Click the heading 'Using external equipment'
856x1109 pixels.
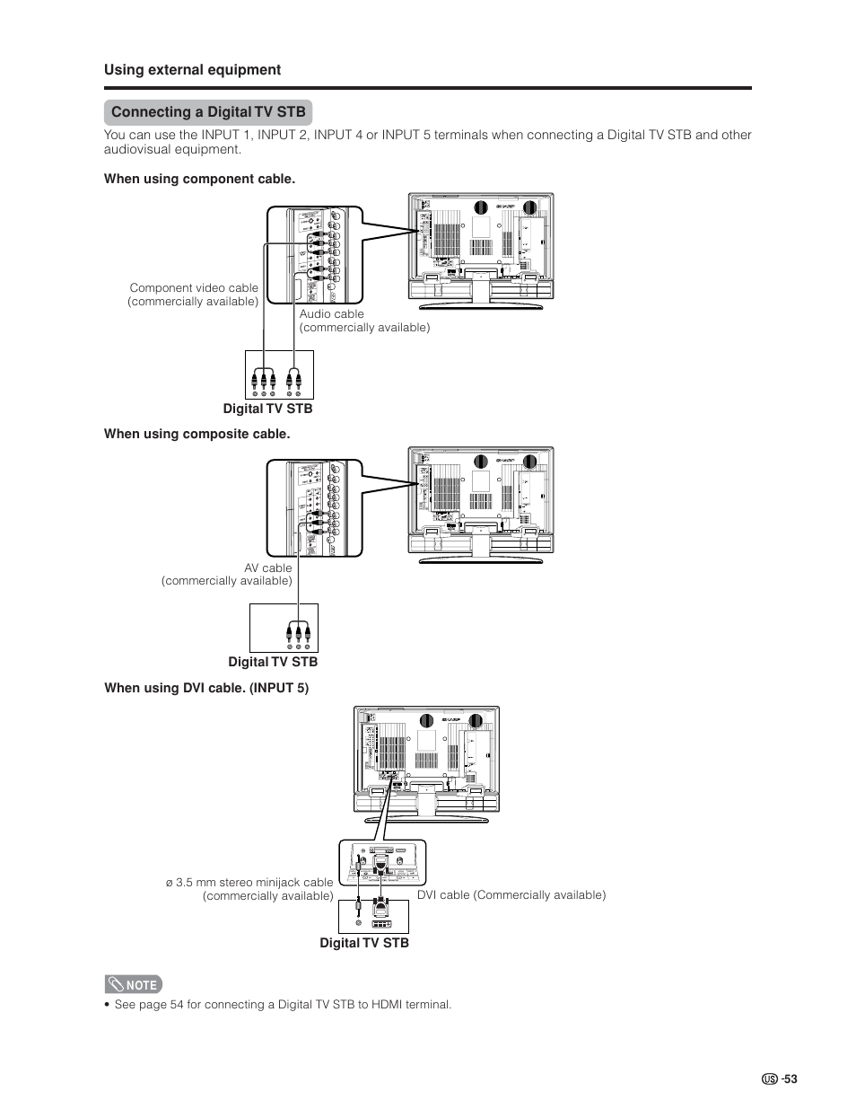(192, 70)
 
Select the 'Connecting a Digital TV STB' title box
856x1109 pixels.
(208, 112)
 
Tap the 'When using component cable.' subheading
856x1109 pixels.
(199, 179)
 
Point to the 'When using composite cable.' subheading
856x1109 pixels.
(197, 434)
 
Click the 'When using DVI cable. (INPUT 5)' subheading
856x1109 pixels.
(206, 689)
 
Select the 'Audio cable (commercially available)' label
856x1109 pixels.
(364, 321)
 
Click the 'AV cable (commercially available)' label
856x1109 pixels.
(227, 574)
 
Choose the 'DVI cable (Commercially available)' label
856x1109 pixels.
(511, 895)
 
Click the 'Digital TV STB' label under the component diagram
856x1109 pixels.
(267, 409)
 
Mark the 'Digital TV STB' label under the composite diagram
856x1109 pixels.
(273, 662)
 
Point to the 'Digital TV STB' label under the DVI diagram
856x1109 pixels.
(364, 943)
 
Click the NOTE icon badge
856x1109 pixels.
(133, 984)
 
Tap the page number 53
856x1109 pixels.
(790, 1079)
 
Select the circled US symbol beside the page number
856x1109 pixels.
(769, 1079)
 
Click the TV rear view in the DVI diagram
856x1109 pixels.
(426, 763)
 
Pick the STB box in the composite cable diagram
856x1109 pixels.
(284, 627)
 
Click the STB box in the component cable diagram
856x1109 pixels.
(279, 374)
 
